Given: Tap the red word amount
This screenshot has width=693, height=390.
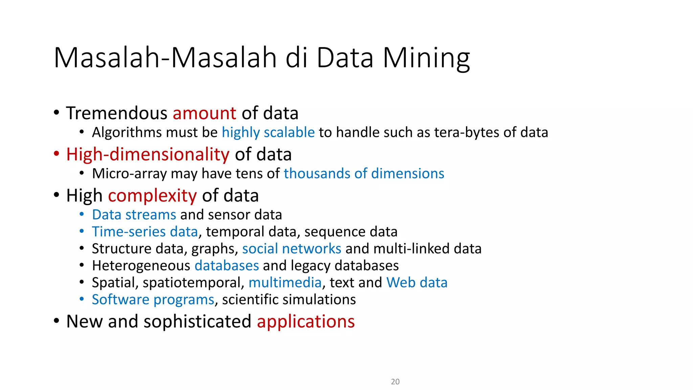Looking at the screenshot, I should pyautogui.click(x=204, y=113).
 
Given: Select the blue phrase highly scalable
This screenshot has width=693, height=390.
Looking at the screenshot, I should pyautogui.click(x=268, y=132).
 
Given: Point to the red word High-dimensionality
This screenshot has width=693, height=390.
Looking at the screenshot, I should pyautogui.click(x=148, y=154).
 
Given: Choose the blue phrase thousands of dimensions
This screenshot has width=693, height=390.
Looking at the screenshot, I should pyautogui.click(x=364, y=174).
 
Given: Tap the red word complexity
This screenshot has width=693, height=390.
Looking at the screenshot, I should pyautogui.click(x=152, y=196).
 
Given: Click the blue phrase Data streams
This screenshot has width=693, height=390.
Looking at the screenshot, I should pyautogui.click(x=134, y=215).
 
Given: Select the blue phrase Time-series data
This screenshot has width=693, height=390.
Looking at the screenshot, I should pyautogui.click(x=145, y=232).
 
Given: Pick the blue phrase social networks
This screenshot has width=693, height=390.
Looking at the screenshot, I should pyautogui.click(x=292, y=249).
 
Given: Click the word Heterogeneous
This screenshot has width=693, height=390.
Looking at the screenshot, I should pyautogui.click(x=141, y=266).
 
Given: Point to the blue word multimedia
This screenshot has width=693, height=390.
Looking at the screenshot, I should pyautogui.click(x=285, y=283).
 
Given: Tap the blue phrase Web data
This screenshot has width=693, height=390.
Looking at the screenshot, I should pyautogui.click(x=417, y=283).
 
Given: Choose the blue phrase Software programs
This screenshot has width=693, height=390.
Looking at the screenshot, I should pyautogui.click(x=153, y=300).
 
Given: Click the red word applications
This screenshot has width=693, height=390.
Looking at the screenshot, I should pyautogui.click(x=306, y=321).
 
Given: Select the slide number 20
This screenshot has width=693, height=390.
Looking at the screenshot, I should pyautogui.click(x=395, y=382).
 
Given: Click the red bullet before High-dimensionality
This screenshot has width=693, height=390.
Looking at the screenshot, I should pyautogui.click(x=57, y=154).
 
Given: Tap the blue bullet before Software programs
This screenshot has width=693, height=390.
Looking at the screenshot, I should pyautogui.click(x=82, y=299).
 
